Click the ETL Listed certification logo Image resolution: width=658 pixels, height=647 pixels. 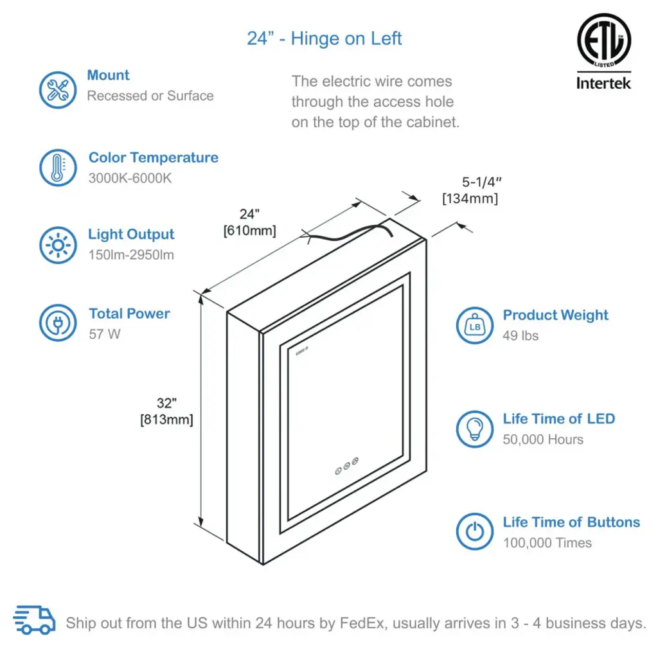click(x=604, y=40)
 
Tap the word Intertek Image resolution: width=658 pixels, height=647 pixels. click(x=603, y=83)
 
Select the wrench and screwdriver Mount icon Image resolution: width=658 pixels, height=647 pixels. click(x=58, y=90)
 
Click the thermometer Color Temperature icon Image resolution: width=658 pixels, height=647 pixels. click(x=58, y=168)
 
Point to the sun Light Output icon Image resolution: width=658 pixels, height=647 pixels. click(x=58, y=245)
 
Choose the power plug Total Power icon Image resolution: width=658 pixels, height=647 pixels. click(x=58, y=323)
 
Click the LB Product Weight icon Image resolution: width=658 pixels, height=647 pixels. click(x=475, y=325)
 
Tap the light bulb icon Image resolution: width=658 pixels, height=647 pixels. click(x=475, y=429)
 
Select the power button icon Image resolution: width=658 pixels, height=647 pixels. click(x=475, y=531)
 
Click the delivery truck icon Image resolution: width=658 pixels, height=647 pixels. click(x=34, y=619)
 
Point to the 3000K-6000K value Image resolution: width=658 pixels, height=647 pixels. click(x=130, y=179)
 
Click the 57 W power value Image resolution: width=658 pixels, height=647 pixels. click(x=105, y=334)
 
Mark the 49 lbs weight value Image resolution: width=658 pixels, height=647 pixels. click(x=520, y=335)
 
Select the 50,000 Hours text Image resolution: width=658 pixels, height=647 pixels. click(x=543, y=439)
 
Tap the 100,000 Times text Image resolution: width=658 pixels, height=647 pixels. click(x=547, y=542)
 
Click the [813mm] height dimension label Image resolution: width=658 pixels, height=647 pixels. click(x=166, y=420)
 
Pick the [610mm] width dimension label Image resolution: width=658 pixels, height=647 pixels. click(x=250, y=231)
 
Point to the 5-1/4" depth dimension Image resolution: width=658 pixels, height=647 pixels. click(x=482, y=182)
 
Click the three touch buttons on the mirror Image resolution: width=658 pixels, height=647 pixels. click(x=346, y=466)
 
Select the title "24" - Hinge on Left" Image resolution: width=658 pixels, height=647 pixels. click(x=324, y=39)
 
